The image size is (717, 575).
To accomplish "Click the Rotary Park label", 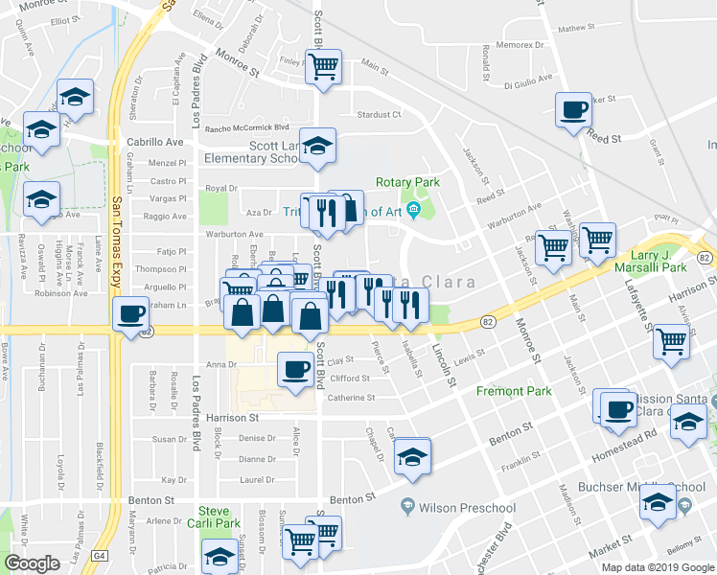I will pos(407,182).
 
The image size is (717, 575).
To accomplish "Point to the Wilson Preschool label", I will pos(467,508).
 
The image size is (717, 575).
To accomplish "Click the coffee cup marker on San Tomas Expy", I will pos(130,313).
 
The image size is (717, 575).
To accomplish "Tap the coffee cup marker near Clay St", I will pos(295,367).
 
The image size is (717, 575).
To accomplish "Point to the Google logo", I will pos(32,563).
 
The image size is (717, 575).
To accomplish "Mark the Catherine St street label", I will pos(349,397).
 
